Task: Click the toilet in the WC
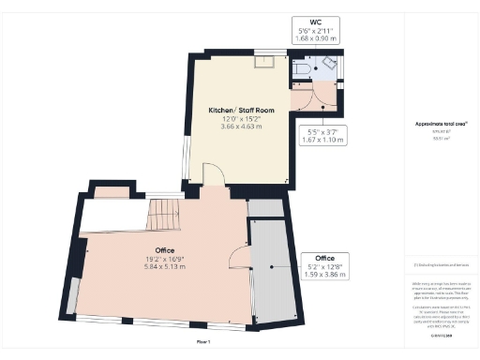pos(301,68)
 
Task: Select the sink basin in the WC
pos(329,63)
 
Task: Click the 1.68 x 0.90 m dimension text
pos(303,39)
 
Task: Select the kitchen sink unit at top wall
pos(265,62)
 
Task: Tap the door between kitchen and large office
pos(212,175)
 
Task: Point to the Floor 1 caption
pos(203,343)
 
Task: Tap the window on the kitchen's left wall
pos(186,155)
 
